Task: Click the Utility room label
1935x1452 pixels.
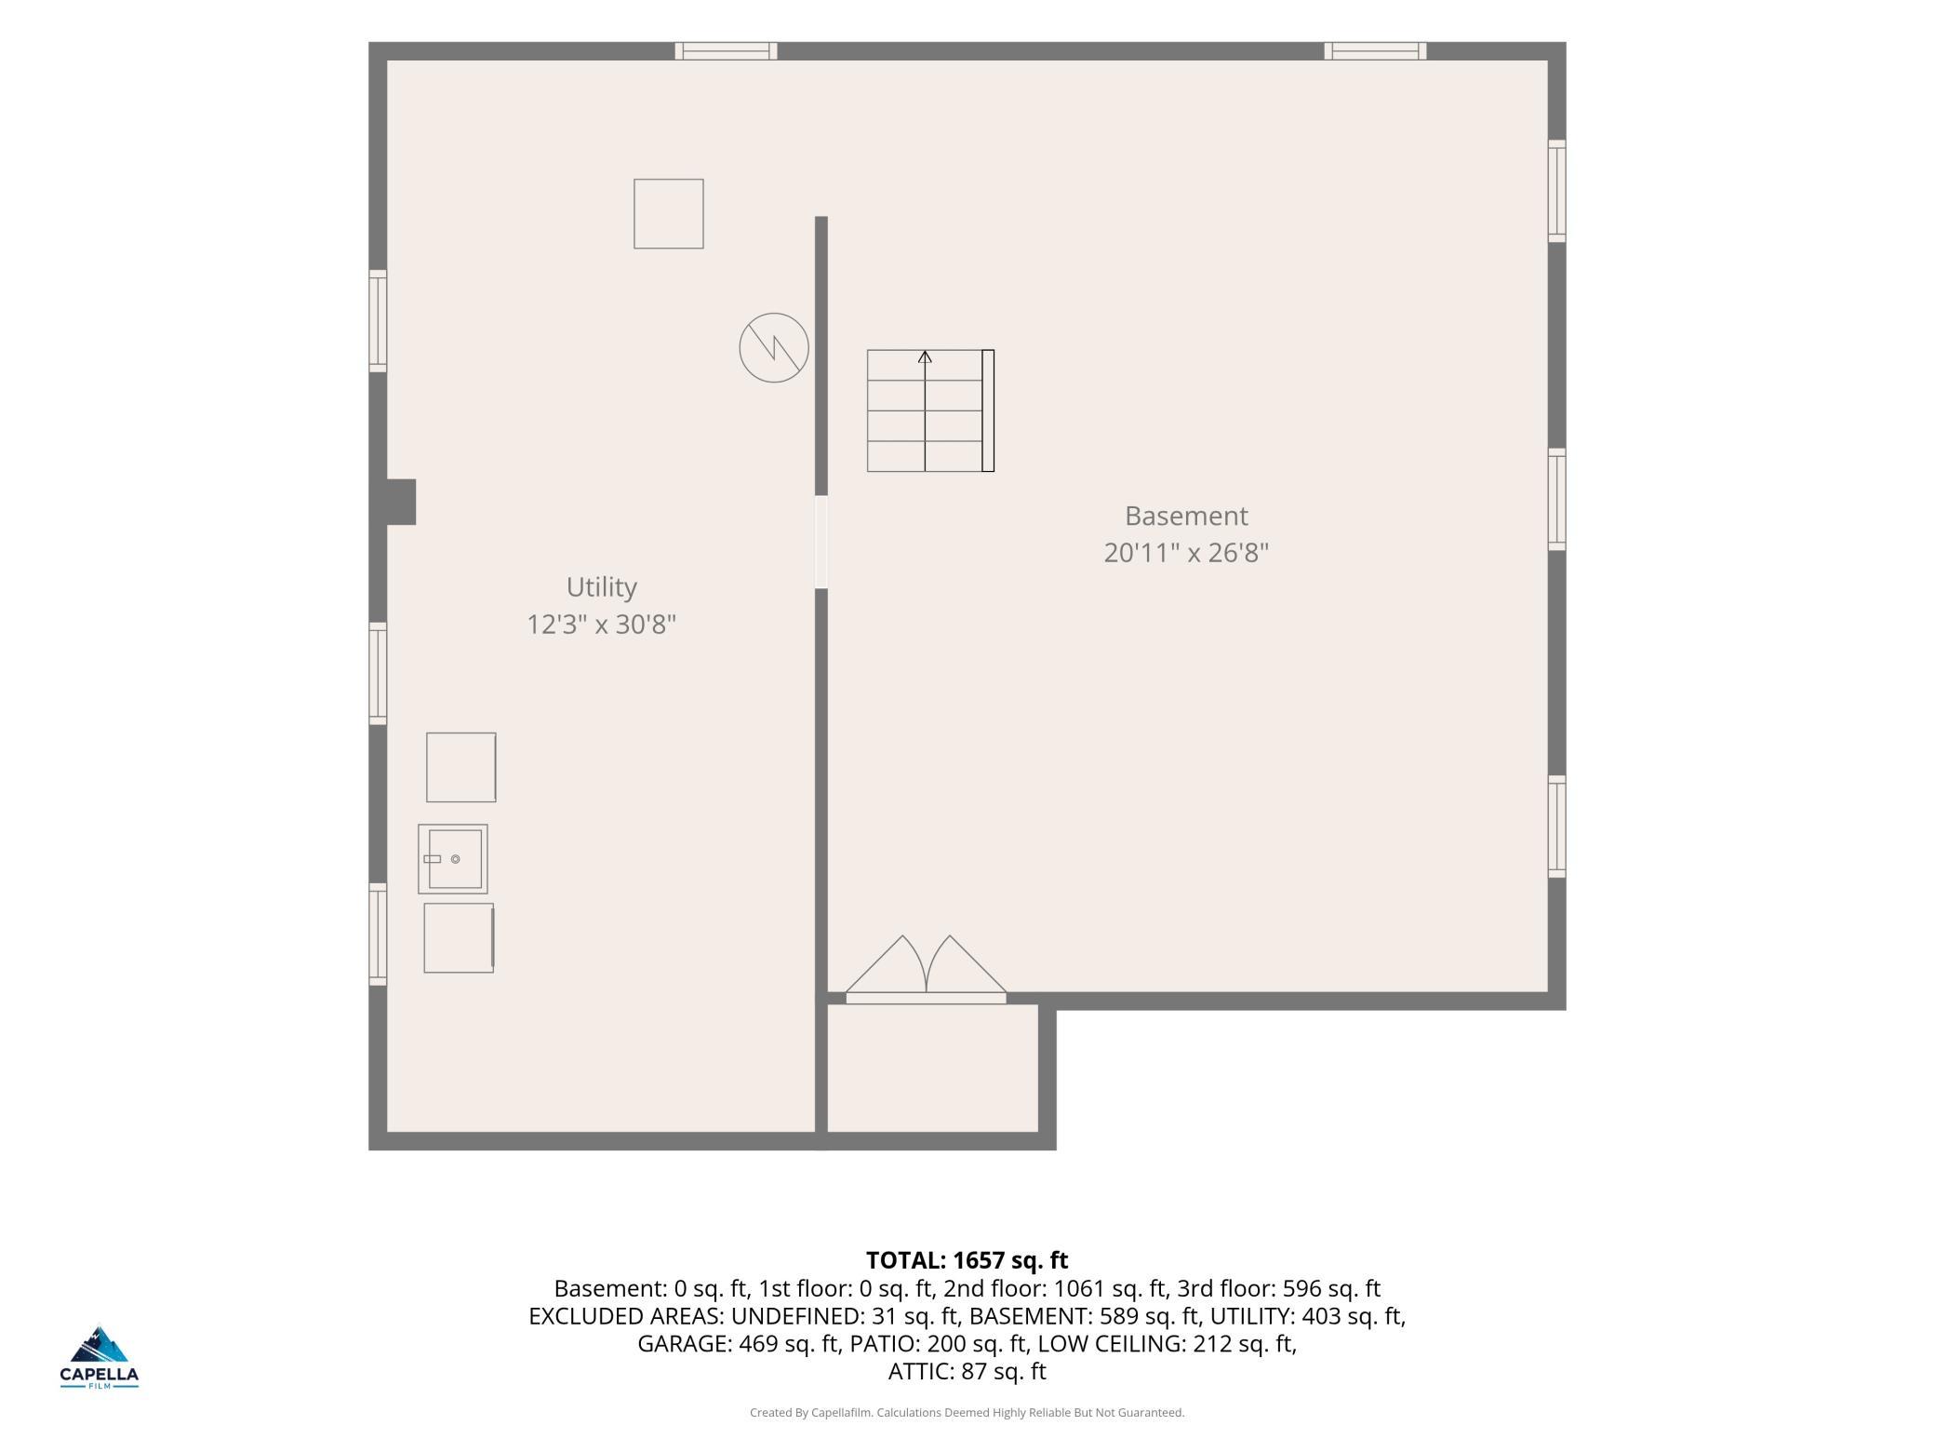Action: (x=601, y=587)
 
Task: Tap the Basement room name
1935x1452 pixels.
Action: (x=1186, y=516)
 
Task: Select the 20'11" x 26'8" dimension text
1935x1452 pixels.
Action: (x=1186, y=553)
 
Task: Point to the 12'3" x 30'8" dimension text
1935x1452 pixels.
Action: (x=601, y=625)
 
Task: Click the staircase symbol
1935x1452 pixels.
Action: (x=930, y=410)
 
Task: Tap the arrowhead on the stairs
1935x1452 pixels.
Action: (x=925, y=356)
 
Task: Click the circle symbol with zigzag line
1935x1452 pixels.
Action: (x=774, y=348)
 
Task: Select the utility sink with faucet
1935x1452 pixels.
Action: (x=453, y=858)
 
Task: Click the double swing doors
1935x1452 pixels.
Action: (x=926, y=969)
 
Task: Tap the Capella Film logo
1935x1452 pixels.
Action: (x=100, y=1357)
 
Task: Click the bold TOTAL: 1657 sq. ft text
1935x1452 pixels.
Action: (x=967, y=1260)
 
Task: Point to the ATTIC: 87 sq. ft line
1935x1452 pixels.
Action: (x=967, y=1371)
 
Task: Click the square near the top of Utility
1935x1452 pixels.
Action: (x=669, y=214)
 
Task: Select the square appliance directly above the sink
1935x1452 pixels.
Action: (x=461, y=767)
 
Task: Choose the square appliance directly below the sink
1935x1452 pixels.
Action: (x=459, y=938)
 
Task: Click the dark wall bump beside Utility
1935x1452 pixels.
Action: (x=401, y=502)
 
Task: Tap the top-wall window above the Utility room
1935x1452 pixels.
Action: (x=726, y=51)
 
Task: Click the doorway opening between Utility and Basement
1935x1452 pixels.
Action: (x=821, y=542)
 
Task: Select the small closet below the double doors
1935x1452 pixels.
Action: (x=932, y=1068)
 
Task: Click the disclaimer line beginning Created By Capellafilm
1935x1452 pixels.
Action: (x=967, y=1413)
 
